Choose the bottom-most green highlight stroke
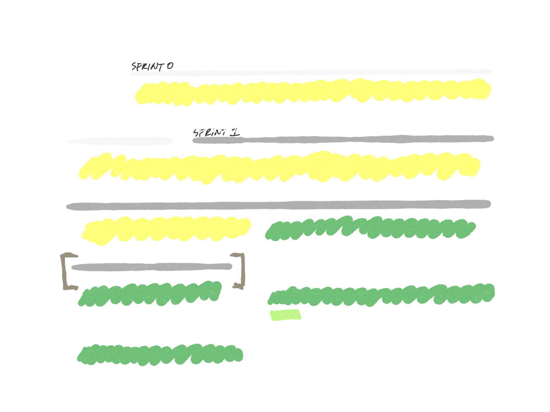coord(159,354)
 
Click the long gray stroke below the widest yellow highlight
coord(278,205)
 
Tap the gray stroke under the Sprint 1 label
coord(344,139)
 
